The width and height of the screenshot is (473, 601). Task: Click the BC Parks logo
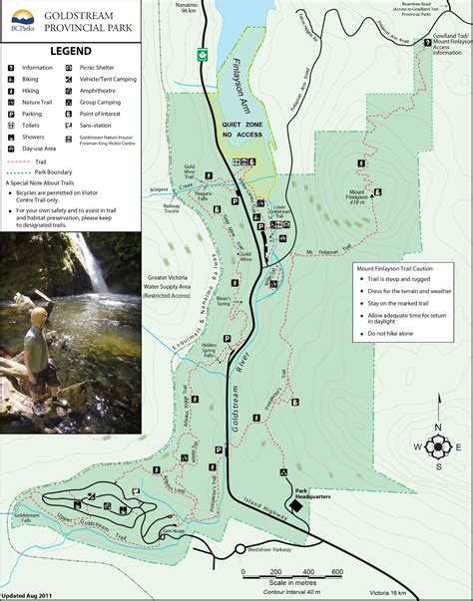pyautogui.click(x=19, y=20)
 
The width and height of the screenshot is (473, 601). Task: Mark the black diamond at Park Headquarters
pyautogui.click(x=295, y=506)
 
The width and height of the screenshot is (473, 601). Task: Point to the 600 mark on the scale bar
pyautogui.click(x=336, y=571)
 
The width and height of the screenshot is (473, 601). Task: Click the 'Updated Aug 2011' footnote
pyautogui.click(x=28, y=595)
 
